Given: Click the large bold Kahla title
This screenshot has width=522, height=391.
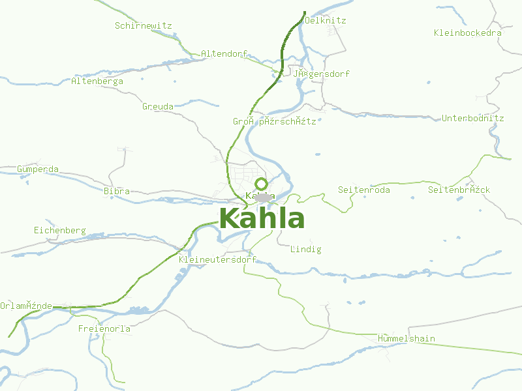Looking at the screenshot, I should (262, 219).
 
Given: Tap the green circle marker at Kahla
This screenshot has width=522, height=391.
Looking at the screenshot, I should (262, 184).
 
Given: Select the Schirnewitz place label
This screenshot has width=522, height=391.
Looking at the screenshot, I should (143, 26).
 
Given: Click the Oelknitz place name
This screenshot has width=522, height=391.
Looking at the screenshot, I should (325, 21).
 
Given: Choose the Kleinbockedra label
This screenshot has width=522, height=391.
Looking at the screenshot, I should (468, 33).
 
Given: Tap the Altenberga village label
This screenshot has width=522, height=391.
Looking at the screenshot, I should (97, 81).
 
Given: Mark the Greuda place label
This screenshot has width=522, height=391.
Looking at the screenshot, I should (158, 106).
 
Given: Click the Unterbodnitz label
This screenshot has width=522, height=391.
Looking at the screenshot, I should (473, 119).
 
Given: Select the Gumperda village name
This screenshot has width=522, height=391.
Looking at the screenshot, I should (38, 169).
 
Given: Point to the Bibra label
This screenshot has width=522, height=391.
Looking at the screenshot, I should (117, 192).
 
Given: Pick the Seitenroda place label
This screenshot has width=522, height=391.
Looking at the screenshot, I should (364, 190).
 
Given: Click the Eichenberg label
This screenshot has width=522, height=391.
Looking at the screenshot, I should (60, 231).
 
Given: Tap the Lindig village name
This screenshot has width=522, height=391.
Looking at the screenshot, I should (306, 250).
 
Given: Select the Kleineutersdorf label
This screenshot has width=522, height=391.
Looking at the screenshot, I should (217, 259).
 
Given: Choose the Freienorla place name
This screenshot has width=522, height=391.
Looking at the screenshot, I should (104, 329).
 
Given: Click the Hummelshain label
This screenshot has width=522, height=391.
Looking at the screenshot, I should (407, 339).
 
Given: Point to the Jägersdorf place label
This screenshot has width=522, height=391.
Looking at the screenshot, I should (321, 74).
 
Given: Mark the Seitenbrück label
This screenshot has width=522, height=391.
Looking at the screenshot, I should (459, 190).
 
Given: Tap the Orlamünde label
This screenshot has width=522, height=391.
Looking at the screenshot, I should (26, 306).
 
